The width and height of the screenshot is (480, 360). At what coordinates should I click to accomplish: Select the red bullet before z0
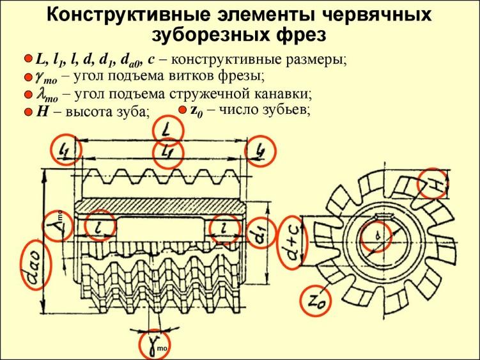[182, 109]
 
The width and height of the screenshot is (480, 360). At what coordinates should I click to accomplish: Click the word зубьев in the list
[286, 109]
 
